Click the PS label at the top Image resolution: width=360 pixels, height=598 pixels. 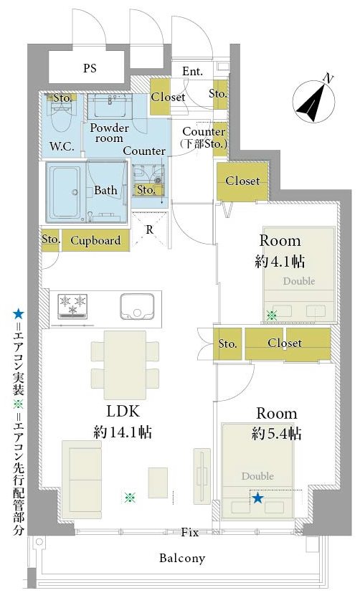pyautogui.click(x=90, y=68)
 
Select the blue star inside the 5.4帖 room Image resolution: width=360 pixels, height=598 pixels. pyautogui.click(x=257, y=498)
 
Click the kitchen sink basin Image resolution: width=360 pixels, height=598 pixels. pyautogui.click(x=137, y=307)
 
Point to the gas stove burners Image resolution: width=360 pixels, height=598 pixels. pyautogui.click(x=72, y=306)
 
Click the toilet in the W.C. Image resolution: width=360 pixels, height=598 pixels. pyautogui.click(x=61, y=115)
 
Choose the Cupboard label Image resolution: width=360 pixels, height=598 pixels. pyautogui.click(x=95, y=241)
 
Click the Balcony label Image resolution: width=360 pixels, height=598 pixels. pyautogui.click(x=182, y=559)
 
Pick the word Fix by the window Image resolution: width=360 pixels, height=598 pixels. pyautogui.click(x=190, y=532)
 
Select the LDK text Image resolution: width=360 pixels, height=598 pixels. pyautogui.click(x=123, y=411)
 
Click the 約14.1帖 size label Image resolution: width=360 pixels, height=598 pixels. pyautogui.click(x=123, y=432)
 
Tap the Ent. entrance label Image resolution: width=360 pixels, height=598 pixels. pyautogui.click(x=193, y=71)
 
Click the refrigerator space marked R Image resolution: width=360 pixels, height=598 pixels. pyautogui.click(x=149, y=229)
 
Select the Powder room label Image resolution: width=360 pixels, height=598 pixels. pyautogui.click(x=110, y=133)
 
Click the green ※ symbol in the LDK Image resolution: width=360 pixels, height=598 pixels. pyautogui.click(x=130, y=498)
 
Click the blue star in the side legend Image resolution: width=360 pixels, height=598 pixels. pyautogui.click(x=18, y=314)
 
